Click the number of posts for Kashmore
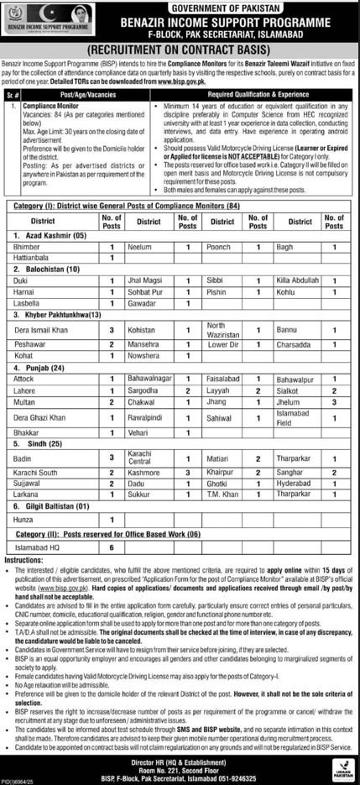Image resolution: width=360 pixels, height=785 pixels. (x=188, y=473)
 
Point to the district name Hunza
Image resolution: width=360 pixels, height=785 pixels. (x=26, y=521)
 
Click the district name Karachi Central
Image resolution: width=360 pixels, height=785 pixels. (x=138, y=458)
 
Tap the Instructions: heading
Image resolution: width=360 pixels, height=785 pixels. (x=23, y=559)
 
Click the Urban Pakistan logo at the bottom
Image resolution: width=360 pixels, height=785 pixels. (x=341, y=767)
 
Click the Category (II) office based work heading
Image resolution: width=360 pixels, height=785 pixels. (x=117, y=534)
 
